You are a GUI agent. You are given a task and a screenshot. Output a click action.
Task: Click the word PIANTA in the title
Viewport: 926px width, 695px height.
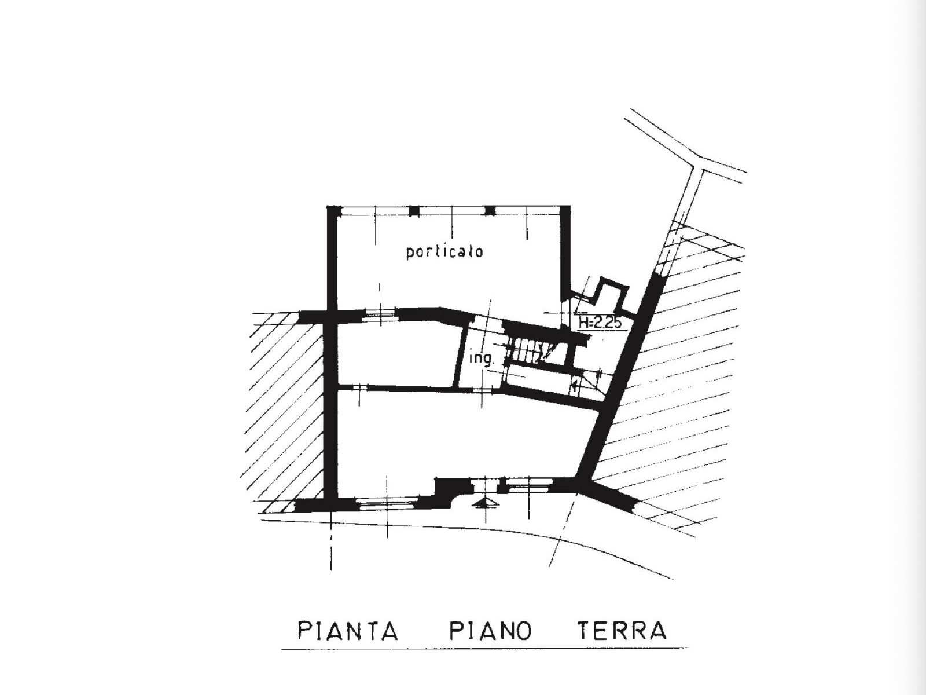348,631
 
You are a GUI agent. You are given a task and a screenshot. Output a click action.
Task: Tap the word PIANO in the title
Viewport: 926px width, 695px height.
490,631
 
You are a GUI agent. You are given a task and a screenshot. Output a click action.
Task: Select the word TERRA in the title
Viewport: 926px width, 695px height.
622,631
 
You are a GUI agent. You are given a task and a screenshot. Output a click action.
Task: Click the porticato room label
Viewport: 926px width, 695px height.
444,253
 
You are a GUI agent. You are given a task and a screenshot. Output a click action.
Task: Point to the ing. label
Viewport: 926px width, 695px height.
482,359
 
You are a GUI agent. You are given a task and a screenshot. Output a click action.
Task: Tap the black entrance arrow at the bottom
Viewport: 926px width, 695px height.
486,502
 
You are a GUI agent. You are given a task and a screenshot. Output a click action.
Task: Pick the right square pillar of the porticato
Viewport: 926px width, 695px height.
490,211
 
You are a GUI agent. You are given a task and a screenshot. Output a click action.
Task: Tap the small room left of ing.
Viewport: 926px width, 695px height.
396,354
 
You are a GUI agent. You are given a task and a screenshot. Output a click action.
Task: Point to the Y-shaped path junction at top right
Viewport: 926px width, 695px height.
698,164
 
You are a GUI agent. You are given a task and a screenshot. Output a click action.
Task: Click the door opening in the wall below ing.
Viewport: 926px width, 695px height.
482,390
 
